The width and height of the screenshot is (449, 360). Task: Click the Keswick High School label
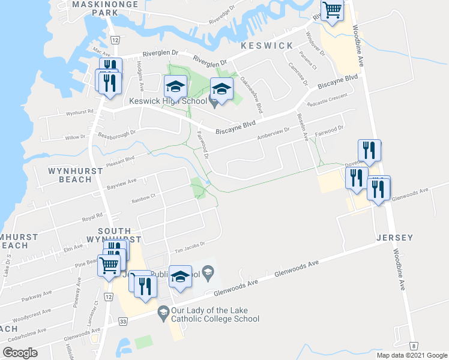tap(169, 101)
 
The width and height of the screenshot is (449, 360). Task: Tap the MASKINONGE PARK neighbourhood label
tap(95, 8)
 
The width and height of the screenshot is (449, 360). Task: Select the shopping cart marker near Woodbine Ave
tap(332, 10)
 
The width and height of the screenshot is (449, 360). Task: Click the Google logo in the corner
tap(20, 353)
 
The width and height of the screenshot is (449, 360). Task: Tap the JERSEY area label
tap(395, 238)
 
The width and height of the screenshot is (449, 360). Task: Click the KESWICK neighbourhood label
tap(267, 46)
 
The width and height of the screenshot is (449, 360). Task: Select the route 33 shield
tap(123, 322)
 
